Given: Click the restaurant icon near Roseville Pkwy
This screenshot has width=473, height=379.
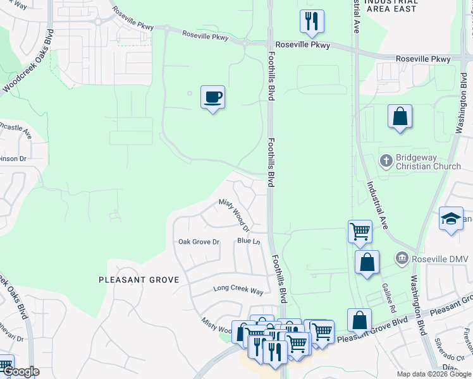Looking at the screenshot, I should (x=312, y=21).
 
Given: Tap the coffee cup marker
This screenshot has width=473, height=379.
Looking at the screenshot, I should (x=212, y=97).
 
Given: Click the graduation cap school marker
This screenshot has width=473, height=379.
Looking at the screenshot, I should (x=451, y=219).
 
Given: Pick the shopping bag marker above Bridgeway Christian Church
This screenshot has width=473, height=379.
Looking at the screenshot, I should (x=400, y=117).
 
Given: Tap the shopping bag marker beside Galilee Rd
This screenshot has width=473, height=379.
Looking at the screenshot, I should (x=367, y=262).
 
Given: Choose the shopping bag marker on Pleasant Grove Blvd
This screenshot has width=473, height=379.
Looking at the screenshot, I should (x=359, y=320).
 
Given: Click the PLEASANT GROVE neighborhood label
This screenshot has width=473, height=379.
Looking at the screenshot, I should (x=138, y=279).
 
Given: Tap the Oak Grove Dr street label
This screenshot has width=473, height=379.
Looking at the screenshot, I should (x=199, y=242).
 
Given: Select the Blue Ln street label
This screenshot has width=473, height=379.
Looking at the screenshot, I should (x=249, y=241).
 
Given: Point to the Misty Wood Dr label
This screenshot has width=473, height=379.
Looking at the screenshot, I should (x=235, y=214).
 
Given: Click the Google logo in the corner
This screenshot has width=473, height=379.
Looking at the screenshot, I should (x=21, y=371).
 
